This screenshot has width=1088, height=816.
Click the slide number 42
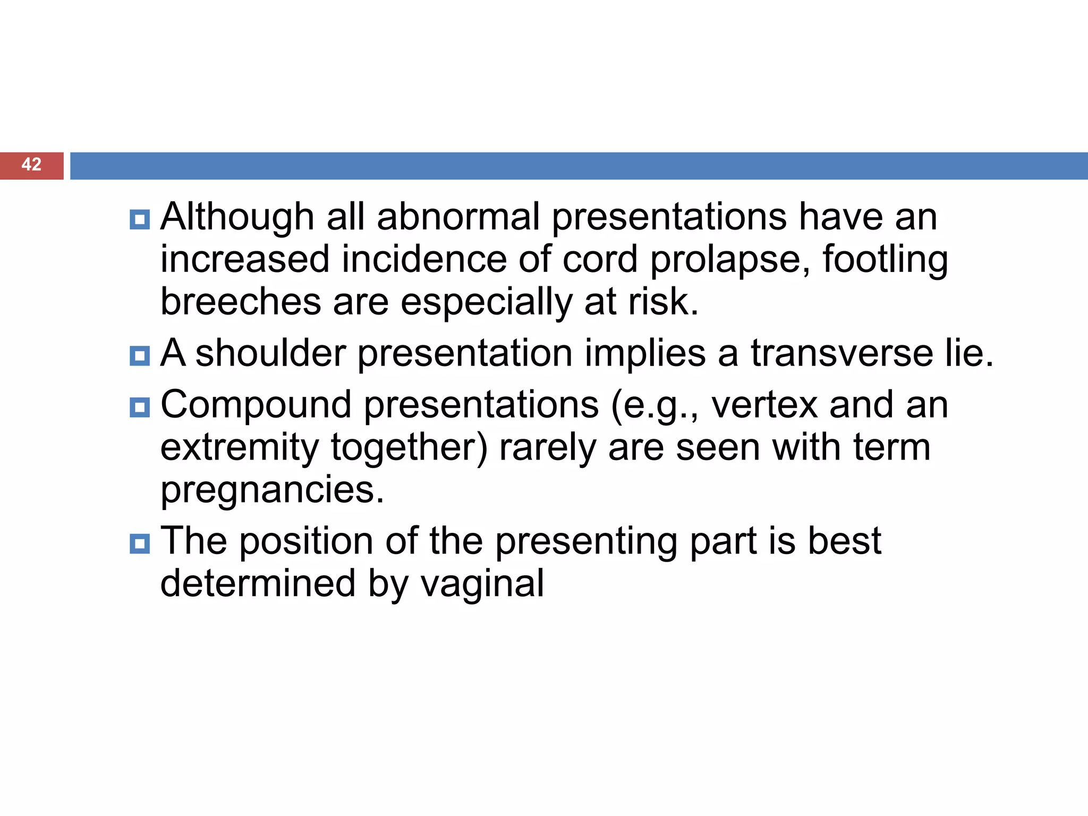pos(31,165)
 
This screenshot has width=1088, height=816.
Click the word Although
pos(237,217)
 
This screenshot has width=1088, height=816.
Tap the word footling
pos(885,260)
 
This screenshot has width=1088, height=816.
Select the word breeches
pos(241,302)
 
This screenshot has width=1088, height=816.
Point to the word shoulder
pos(270,353)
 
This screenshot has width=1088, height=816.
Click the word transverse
pos(841,353)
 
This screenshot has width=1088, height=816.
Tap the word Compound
pos(256,405)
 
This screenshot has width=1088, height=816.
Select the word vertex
pos(764,405)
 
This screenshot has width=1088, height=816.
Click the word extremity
pos(239,448)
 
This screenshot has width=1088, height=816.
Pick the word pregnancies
pos(272,490)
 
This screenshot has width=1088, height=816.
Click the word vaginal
pos(482,584)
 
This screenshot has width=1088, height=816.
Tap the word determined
pos(258,584)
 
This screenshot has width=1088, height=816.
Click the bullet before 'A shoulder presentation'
pos(140,356)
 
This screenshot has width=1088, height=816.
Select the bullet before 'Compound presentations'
pos(140,407)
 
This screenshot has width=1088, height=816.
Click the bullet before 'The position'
pos(140,544)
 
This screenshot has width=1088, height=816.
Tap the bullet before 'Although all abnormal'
pos(140,219)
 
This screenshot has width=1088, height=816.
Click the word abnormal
pos(458,217)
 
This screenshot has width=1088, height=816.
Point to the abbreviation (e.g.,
pos(655,406)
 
